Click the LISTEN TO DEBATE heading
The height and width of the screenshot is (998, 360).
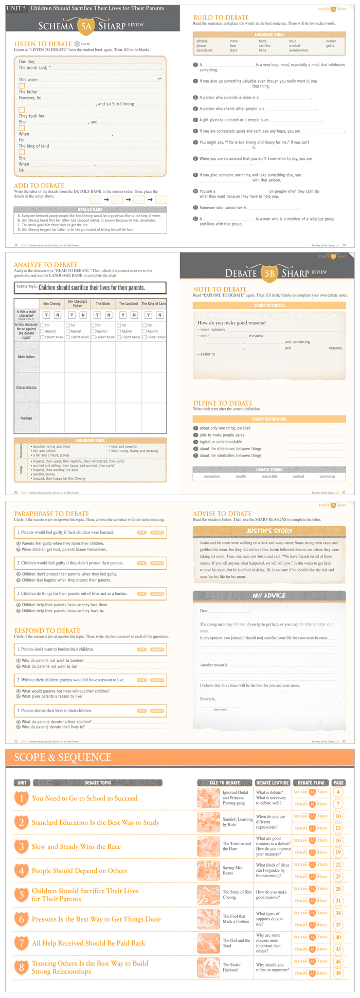coord(43,44)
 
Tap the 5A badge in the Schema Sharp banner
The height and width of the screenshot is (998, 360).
coord(85,25)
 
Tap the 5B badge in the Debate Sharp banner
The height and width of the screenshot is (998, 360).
coord(269,273)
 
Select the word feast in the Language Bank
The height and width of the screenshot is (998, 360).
coord(233,50)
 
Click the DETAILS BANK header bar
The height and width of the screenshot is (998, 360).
coord(90,210)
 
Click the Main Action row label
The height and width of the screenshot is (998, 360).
coord(26,356)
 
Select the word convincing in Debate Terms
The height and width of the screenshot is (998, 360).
coord(327,476)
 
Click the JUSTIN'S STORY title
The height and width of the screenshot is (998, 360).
coord(269,531)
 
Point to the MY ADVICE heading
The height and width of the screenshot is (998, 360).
coord(269,595)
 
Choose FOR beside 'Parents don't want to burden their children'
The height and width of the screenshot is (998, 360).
coord(142,649)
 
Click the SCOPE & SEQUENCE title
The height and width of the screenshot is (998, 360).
coord(63,757)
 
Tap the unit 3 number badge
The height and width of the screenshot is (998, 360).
coord(21,846)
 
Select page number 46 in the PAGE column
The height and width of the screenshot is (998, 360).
coord(338,961)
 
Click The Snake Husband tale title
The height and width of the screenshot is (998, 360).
coord(231,967)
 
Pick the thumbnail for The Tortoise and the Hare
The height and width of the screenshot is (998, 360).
coord(208,846)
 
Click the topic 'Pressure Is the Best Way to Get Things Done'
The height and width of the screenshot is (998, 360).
coord(96,919)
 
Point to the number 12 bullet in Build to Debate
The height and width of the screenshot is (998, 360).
coord(195,219)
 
